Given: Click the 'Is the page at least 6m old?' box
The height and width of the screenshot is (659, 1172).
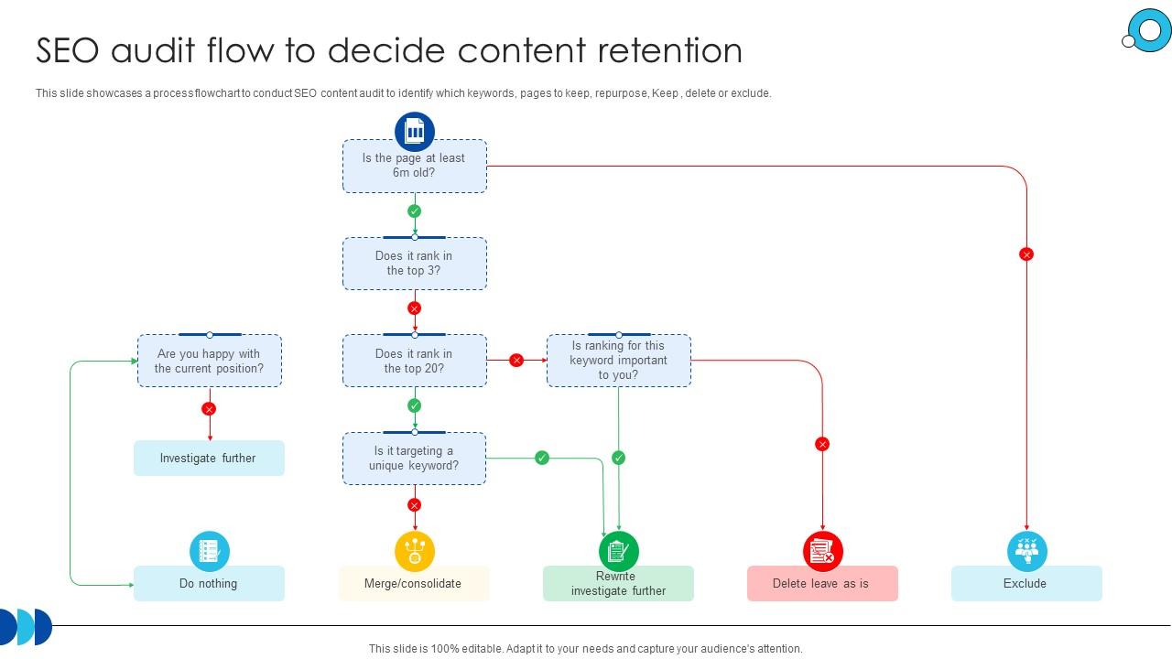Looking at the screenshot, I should (x=414, y=166).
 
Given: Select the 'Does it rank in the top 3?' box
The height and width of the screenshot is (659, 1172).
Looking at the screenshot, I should (x=414, y=264).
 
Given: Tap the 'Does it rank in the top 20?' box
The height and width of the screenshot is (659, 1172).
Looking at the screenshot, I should (x=414, y=361).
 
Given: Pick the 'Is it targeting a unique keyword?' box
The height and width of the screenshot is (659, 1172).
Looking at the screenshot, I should (x=414, y=459).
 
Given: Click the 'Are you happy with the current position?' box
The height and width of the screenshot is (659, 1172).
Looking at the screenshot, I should (x=209, y=361).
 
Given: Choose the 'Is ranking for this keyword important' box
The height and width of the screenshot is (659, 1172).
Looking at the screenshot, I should (x=618, y=361).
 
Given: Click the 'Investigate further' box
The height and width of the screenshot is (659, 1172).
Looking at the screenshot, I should (x=209, y=459).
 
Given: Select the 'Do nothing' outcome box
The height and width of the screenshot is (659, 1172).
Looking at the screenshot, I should (x=209, y=583).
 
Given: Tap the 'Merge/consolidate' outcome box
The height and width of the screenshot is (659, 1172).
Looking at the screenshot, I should (x=414, y=583).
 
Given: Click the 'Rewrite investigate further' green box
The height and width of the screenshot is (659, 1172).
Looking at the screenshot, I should (x=618, y=583).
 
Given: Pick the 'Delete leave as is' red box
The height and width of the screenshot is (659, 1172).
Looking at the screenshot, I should (x=822, y=583).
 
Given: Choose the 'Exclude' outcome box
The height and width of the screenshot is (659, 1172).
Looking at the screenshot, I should (x=1026, y=583).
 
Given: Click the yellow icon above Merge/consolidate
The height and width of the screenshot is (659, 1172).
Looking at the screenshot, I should (x=415, y=551).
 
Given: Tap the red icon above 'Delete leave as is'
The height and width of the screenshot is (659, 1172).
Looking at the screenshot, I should (x=822, y=551).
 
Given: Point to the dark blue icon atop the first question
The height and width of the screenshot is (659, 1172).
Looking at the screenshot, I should (x=415, y=132).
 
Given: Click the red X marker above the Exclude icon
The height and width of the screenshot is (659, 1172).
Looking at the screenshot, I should (x=1026, y=254).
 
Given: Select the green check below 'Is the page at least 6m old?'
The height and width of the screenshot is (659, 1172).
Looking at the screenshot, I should (x=415, y=211).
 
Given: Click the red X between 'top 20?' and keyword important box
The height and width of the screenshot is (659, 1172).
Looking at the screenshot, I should (x=516, y=361).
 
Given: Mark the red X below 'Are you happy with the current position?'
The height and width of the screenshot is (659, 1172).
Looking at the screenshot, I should (x=209, y=409).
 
